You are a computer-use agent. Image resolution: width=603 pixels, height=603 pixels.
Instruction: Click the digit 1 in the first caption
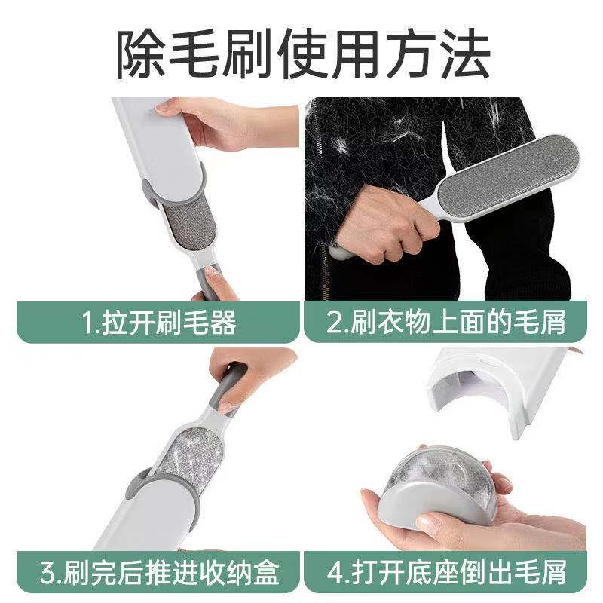click(x=87, y=323)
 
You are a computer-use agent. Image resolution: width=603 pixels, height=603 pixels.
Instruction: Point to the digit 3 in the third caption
click(x=48, y=573)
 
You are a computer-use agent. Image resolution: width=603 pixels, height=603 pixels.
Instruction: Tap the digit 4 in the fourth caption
click(x=335, y=573)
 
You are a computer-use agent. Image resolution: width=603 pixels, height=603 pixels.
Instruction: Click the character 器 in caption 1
click(x=222, y=323)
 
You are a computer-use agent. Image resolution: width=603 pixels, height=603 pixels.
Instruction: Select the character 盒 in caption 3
click(x=265, y=573)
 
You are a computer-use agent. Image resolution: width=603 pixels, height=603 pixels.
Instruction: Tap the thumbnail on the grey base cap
click(x=427, y=523)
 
